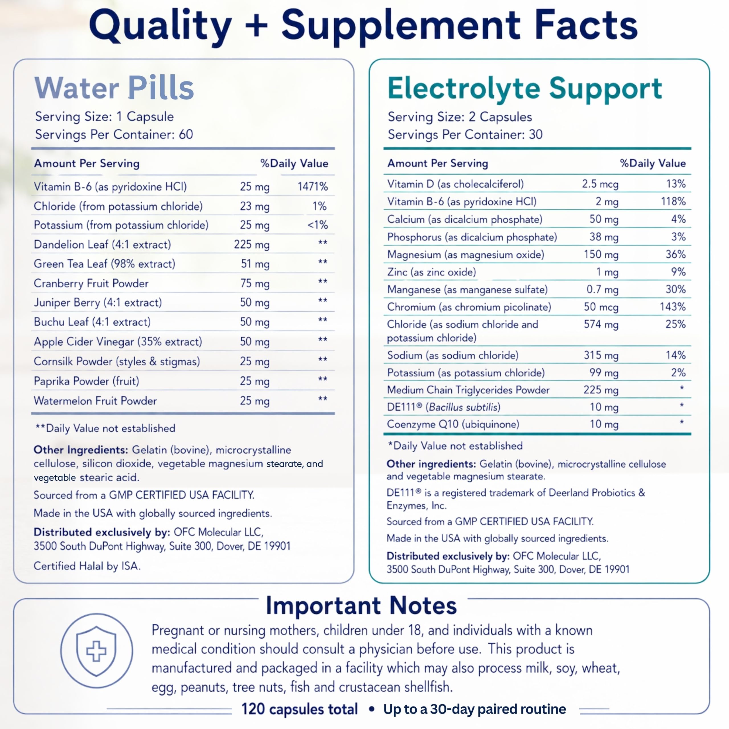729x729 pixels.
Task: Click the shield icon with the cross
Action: tap(96, 650)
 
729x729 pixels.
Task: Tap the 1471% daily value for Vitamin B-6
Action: tap(312, 187)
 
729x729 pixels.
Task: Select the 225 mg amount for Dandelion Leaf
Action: tap(252, 245)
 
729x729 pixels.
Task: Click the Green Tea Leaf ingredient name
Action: tap(105, 264)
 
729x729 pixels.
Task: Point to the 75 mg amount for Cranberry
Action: tap(255, 283)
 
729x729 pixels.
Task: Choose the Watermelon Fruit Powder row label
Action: tap(95, 401)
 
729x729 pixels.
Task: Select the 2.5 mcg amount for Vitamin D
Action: tap(600, 184)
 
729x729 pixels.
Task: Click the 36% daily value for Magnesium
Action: tap(675, 254)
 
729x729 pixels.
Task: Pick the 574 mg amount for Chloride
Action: tap(601, 325)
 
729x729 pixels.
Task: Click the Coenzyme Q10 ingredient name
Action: tap(453, 424)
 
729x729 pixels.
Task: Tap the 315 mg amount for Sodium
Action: tap(601, 355)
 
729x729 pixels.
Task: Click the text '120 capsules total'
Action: tap(300, 709)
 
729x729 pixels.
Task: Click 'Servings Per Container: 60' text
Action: tap(114, 134)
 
